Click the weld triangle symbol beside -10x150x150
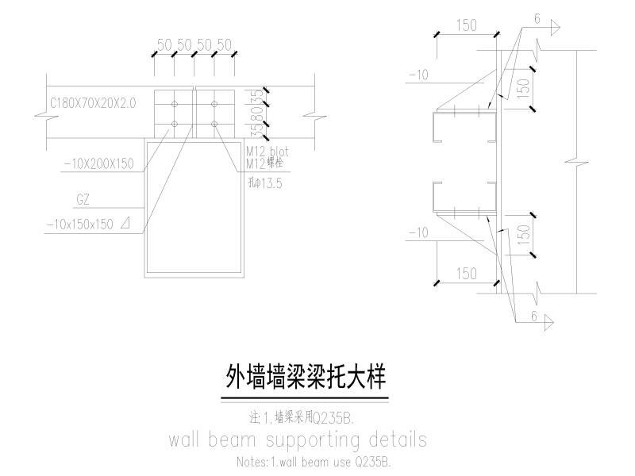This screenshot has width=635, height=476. (123, 224)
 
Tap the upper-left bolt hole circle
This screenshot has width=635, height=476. (175, 103)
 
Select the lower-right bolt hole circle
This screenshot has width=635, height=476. (214, 124)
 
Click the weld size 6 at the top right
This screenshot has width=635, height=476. (537, 20)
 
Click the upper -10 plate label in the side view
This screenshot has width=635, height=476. (418, 75)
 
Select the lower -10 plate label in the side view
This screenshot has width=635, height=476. (418, 232)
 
